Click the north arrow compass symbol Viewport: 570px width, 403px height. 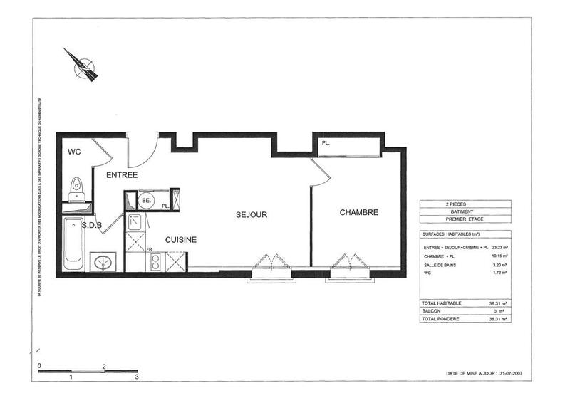tap(82, 64)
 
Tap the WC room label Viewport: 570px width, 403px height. tap(74, 152)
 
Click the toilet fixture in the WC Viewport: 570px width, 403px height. tap(76, 189)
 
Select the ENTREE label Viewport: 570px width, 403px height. tap(122, 174)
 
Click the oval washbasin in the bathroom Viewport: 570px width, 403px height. tap(105, 263)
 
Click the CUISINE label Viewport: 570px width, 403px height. tap(181, 240)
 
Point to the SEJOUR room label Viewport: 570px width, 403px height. tap(252, 214)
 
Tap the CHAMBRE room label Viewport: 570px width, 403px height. tap(358, 212)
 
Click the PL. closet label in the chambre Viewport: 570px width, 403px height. tap(326, 143)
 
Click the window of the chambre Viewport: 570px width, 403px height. tap(350, 271)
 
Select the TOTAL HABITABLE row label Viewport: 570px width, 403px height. tap(442, 303)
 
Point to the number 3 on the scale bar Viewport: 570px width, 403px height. tap(137, 375)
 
